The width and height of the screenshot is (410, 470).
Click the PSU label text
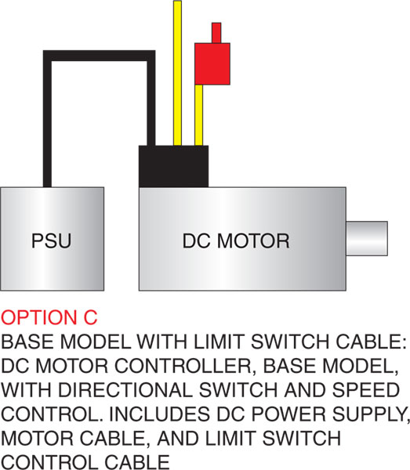point(52,240)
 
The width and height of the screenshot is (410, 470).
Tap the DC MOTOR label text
point(236,240)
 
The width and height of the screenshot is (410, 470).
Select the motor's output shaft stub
point(367,238)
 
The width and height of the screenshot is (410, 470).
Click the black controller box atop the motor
point(173,166)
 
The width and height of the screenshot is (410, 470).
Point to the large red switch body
point(212,64)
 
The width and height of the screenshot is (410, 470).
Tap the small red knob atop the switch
point(216,33)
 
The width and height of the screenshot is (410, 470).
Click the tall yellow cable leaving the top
point(177,73)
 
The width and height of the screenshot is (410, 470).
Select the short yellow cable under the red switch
point(198,115)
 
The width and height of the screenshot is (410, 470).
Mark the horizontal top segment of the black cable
point(100,56)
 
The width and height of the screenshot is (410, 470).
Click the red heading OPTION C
point(49,317)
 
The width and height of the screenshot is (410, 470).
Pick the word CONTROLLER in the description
point(183,366)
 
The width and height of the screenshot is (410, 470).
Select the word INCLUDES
point(159,414)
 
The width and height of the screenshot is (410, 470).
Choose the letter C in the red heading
point(91,317)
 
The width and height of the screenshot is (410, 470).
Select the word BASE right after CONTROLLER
point(290,366)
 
